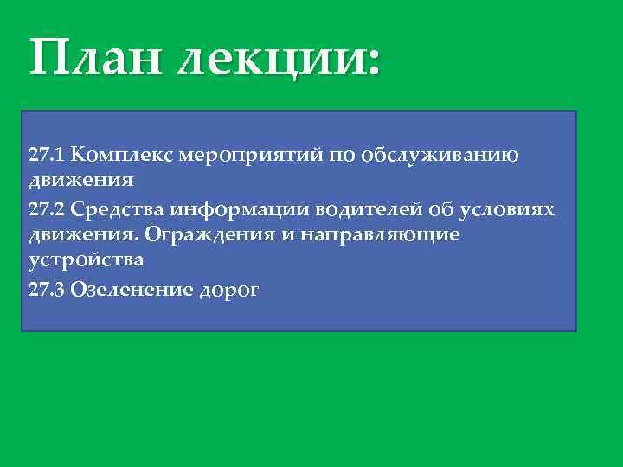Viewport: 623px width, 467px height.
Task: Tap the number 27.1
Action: click(x=48, y=156)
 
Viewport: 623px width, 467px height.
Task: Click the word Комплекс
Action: click(x=115, y=156)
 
